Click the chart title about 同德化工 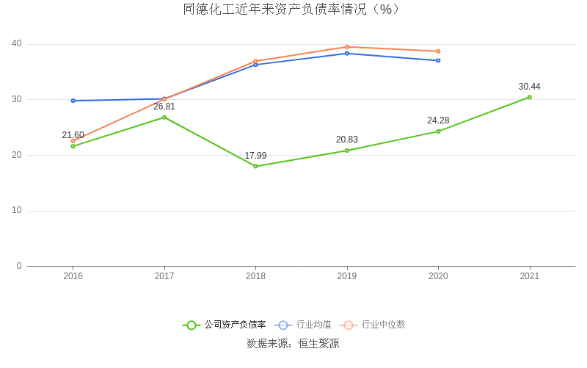[x=292, y=10]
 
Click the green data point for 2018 [x=255, y=166]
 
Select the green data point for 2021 [x=529, y=97]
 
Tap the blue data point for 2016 [x=73, y=101]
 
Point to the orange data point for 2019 [x=347, y=47]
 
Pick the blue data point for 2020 [x=438, y=60]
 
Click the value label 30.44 [x=529, y=87]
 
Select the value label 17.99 [x=255, y=156]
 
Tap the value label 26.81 [x=164, y=107]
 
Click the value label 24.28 [x=438, y=120]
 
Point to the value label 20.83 [x=347, y=140]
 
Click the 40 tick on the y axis [x=16, y=44]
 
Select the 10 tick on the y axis [x=16, y=211]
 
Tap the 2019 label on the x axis [x=347, y=276]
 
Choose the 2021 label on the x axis [x=529, y=276]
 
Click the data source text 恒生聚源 [x=318, y=343]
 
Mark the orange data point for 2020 [x=438, y=51]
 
